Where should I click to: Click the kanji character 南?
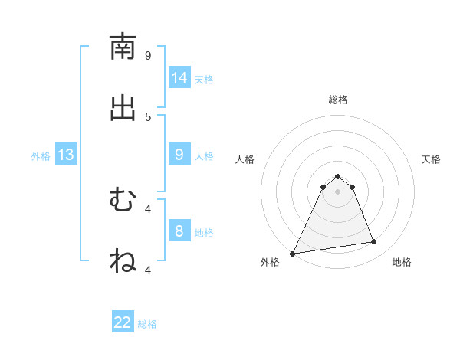tap(123, 47)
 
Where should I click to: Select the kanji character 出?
tap(123, 108)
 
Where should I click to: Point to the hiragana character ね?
tap(123, 261)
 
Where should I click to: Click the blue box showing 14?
tap(179, 78)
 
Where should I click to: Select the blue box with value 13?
tap(65, 155)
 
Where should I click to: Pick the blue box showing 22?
tap(123, 322)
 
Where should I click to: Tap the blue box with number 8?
tap(179, 231)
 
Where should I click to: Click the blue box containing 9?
tap(179, 155)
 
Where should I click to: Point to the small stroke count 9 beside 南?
tap(148, 55)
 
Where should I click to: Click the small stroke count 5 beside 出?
tap(148, 116)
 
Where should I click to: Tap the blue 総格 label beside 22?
tap(147, 324)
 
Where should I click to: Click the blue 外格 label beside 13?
tap(41, 156)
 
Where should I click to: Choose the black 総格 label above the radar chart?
tap(338, 100)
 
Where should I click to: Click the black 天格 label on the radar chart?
tap(432, 159)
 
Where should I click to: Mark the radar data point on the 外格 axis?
tap(293, 254)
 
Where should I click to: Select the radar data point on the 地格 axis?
tap(374, 242)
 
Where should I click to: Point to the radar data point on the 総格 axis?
tap(338, 176)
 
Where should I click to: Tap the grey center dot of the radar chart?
tap(338, 191)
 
